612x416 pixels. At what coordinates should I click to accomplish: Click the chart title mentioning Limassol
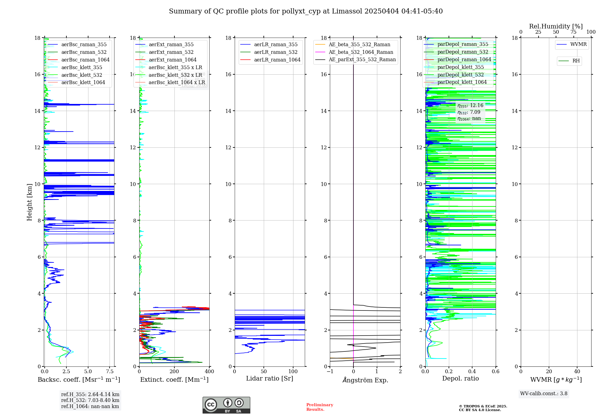click(306, 11)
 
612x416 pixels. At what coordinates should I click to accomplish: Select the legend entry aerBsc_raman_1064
click(85, 60)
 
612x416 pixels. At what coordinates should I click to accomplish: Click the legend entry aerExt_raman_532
click(171, 52)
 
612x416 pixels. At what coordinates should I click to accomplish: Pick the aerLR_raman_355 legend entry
click(275, 44)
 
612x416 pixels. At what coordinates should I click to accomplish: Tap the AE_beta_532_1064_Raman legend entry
click(361, 52)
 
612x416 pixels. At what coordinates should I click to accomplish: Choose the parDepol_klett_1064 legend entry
click(462, 82)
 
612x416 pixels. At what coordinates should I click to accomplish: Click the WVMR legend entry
click(578, 44)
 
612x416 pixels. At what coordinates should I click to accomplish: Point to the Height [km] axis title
click(29, 202)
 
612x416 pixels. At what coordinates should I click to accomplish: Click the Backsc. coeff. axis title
click(79, 380)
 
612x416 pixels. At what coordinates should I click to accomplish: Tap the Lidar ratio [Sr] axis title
click(270, 378)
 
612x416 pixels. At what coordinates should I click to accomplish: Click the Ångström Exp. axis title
click(365, 380)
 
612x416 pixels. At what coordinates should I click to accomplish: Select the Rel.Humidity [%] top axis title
click(556, 26)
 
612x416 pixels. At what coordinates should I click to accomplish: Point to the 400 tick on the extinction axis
click(210, 372)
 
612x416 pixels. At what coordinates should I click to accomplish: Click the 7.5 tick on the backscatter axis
click(110, 372)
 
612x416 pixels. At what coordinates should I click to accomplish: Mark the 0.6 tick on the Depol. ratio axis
click(495, 372)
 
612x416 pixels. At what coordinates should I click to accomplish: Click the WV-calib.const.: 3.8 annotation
click(544, 394)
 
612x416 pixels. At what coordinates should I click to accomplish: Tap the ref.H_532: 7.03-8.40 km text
click(90, 400)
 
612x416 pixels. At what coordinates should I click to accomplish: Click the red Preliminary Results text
click(319, 407)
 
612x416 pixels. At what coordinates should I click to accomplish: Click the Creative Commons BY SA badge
click(226, 405)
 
